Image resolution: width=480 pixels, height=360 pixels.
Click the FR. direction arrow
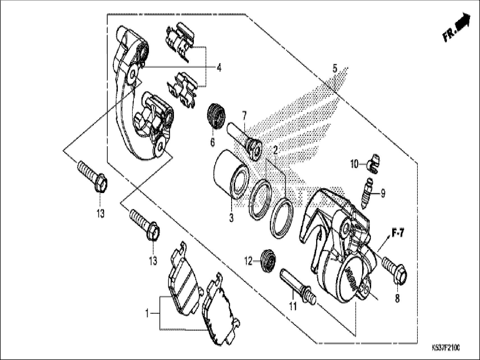456,28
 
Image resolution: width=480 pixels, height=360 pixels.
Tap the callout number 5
334,69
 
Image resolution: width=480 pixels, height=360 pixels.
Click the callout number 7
244,115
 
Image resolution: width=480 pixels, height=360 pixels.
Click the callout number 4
219,68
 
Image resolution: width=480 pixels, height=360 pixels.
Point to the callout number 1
147,313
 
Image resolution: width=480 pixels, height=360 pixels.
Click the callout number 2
275,151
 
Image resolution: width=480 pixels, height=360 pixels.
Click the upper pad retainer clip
180,42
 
